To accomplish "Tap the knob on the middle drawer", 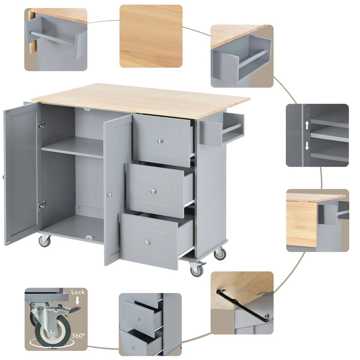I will [153, 191].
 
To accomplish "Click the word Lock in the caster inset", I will [78, 292].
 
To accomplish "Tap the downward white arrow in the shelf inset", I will [307, 145].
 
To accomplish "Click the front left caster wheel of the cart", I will [45, 241].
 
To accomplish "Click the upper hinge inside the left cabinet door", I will [42, 125].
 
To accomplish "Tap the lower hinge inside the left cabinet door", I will [42, 205].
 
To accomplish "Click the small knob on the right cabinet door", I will [108, 194].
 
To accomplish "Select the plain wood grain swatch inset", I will [151, 36].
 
